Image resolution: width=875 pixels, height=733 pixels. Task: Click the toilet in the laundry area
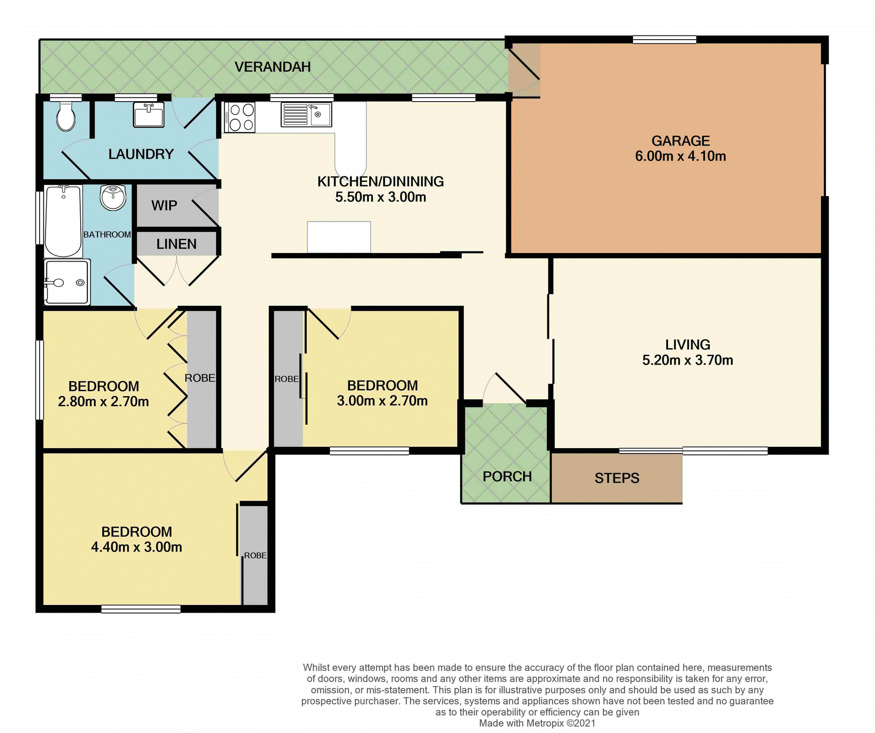click(x=66, y=116)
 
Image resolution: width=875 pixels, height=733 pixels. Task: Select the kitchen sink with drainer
click(x=306, y=114)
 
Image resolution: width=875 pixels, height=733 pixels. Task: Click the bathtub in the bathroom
click(x=63, y=221)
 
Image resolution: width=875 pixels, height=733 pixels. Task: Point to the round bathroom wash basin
click(x=113, y=197)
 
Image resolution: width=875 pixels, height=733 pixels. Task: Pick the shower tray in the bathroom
click(x=67, y=282)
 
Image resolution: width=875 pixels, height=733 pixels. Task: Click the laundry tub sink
click(x=149, y=114)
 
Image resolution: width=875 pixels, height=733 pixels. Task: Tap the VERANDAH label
click(x=273, y=67)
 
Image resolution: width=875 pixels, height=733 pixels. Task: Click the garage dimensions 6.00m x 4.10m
click(x=680, y=156)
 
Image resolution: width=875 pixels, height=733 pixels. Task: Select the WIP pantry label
click(x=164, y=206)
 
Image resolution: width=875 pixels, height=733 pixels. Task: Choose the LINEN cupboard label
click(x=176, y=244)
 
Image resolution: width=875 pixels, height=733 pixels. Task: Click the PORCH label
click(x=507, y=476)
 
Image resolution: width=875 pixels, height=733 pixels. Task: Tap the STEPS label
click(x=617, y=478)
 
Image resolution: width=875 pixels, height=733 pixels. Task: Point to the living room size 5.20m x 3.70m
click(x=687, y=360)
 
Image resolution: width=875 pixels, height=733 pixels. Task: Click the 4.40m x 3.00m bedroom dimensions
click(x=136, y=547)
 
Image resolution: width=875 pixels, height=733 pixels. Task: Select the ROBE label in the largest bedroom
click(x=255, y=555)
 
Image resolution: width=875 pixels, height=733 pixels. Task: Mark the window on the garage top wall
click(x=664, y=40)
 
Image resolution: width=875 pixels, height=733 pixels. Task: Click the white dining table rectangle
click(x=339, y=237)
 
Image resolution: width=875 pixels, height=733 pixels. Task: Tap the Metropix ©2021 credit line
click(x=537, y=723)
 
